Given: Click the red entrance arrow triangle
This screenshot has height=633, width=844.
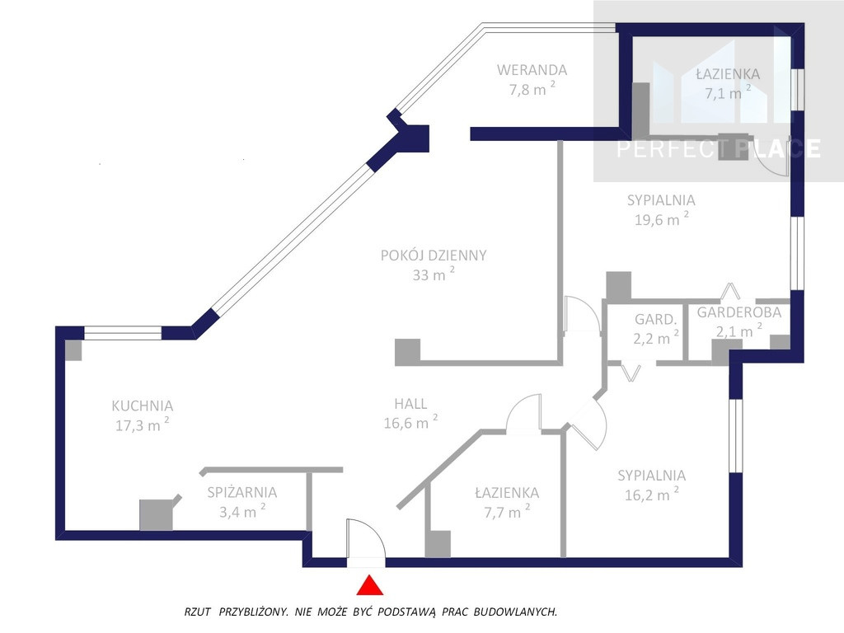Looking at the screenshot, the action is click(x=370, y=586).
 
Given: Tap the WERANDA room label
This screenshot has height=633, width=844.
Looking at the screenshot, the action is click(x=532, y=70).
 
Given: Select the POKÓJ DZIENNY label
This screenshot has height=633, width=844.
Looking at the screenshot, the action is click(x=434, y=256).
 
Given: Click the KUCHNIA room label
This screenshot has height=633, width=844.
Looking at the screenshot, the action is click(x=142, y=406).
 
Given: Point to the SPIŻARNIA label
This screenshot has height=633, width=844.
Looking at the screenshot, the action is click(x=242, y=492).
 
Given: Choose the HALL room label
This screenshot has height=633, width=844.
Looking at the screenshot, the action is click(x=410, y=404).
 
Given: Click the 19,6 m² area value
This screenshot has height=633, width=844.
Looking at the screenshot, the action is click(x=662, y=218).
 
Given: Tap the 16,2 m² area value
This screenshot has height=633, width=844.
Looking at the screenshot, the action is click(x=651, y=494).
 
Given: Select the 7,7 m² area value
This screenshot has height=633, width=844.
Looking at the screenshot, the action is click(x=507, y=511).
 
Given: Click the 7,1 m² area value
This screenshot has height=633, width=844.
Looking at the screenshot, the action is click(x=728, y=92).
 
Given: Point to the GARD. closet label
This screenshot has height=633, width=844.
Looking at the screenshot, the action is click(x=655, y=319).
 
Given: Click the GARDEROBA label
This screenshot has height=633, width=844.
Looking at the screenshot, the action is click(x=738, y=312).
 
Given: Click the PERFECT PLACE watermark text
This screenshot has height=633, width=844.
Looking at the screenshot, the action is click(x=719, y=148).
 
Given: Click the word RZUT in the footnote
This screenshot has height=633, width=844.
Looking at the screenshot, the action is click(x=197, y=612).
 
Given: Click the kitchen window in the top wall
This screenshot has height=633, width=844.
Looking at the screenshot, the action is click(x=123, y=333).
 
